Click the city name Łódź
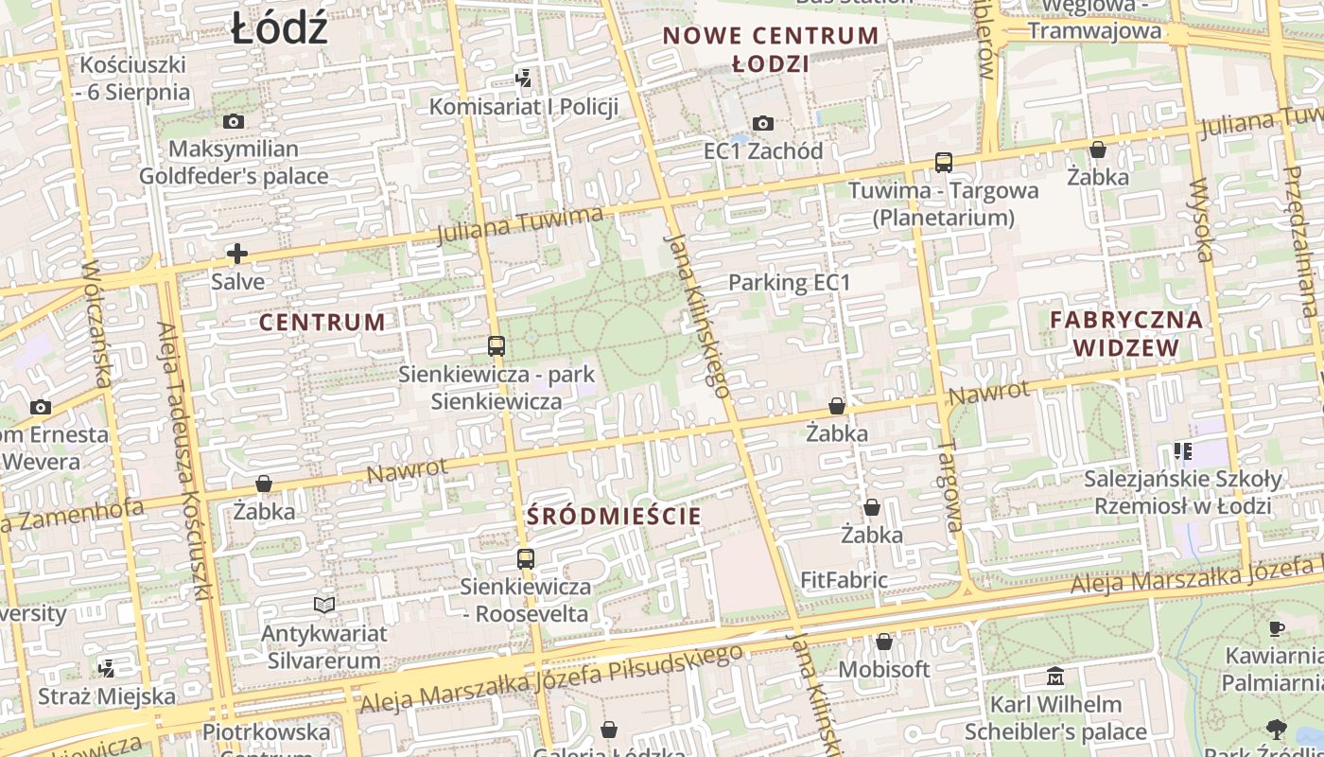coord(279,29)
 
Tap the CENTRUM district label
coord(322,322)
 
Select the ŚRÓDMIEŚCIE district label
coord(614,516)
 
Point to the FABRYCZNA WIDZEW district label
coord(1126,333)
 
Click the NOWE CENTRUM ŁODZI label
coord(771,50)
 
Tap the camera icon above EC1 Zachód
coord(763,123)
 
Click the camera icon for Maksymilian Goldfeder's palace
coord(234,121)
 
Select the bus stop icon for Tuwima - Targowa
coord(943,162)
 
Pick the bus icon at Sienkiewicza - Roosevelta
coord(526,558)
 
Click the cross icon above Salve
coord(237,254)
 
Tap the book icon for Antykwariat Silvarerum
coord(324,605)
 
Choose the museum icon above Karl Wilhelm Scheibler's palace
coord(1055,677)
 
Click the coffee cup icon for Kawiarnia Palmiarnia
coord(1276,627)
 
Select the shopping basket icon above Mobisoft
coord(884,642)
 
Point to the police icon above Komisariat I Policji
coord(523,78)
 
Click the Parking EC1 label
coord(790,282)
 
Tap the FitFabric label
coord(844,580)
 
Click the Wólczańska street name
coord(97,322)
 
